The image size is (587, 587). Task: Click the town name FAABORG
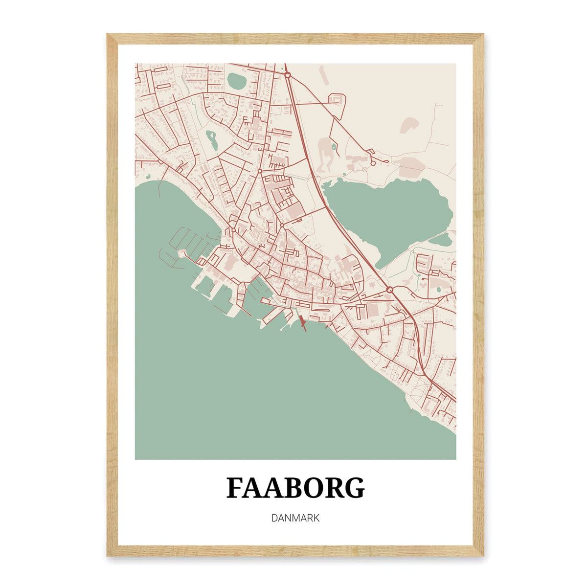[295, 488]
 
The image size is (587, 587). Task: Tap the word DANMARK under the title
[295, 518]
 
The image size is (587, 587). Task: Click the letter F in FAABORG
[235, 488]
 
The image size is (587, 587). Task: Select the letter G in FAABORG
[355, 488]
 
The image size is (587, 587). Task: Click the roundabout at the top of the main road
[288, 75]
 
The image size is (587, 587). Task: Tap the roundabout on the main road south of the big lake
[389, 290]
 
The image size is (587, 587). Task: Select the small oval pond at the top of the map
[237, 80]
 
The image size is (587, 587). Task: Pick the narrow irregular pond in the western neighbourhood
[212, 140]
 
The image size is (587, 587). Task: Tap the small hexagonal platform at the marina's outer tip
[181, 253]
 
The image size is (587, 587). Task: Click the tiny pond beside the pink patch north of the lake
[334, 146]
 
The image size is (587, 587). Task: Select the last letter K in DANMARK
[316, 518]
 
